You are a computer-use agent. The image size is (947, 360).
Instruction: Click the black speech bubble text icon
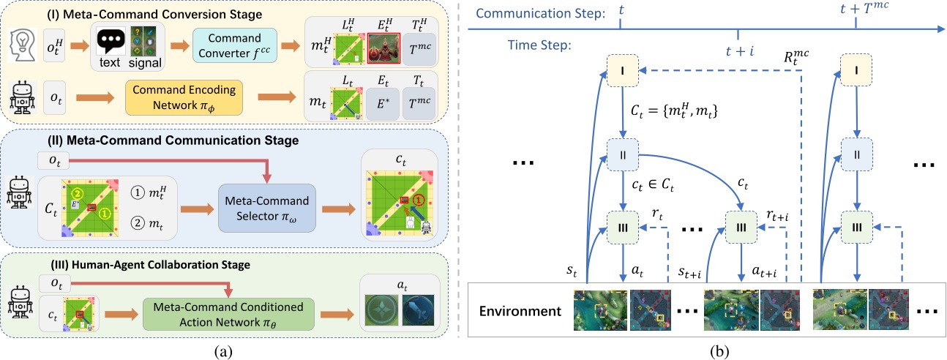(110, 42)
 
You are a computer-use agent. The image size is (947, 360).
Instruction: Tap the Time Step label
(538, 45)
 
